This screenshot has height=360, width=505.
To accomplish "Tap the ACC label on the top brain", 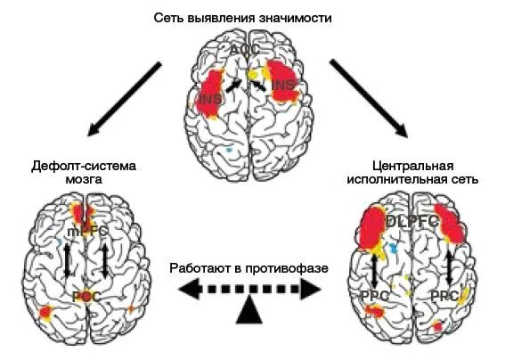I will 240,51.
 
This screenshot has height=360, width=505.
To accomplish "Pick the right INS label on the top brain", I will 282,86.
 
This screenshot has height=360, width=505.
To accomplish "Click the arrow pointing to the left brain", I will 125,98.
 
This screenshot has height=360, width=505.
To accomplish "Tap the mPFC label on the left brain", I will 87,231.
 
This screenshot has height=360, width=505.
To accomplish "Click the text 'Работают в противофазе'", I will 249,266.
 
